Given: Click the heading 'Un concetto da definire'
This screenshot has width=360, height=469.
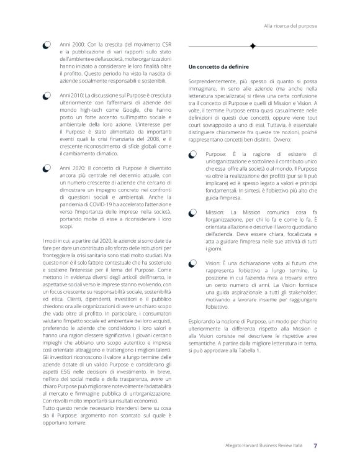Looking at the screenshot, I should tap(217, 66).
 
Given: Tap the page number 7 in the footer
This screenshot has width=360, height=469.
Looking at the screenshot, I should tap(315, 445).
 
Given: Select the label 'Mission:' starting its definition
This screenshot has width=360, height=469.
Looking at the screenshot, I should tap(215, 212).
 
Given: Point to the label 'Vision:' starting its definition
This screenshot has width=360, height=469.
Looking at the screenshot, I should tap(214, 264).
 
